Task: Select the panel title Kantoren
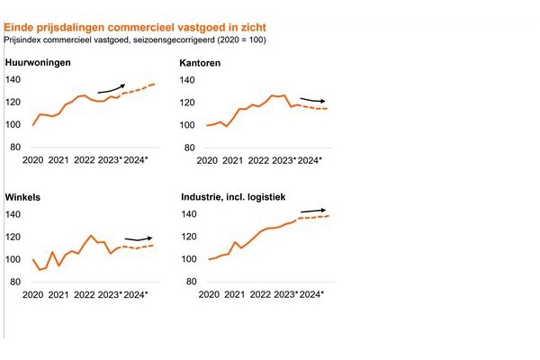pos(201,63)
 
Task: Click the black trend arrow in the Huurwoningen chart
pos(111,87)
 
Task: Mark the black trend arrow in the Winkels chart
pos(138,238)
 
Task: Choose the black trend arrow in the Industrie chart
pos(312,211)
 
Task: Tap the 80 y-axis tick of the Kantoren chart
pos(191,147)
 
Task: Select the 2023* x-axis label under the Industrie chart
pos(284,294)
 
